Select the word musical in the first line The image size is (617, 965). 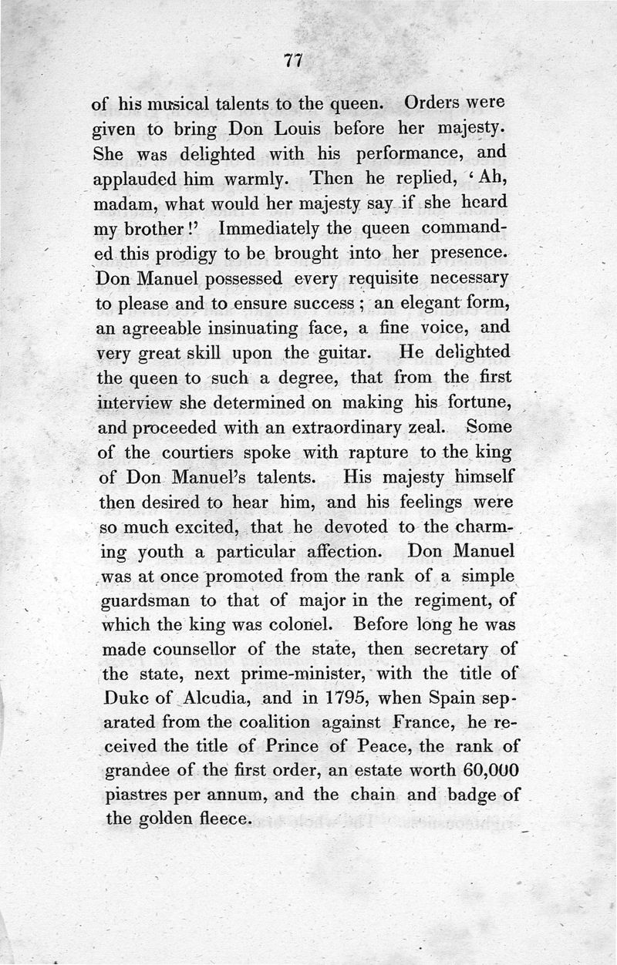(x=161, y=103)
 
